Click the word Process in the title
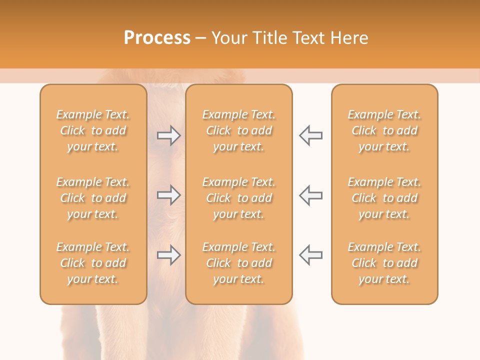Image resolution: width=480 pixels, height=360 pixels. [157, 38]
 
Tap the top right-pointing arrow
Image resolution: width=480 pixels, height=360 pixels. [168, 135]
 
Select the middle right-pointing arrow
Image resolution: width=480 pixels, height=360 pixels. [168, 195]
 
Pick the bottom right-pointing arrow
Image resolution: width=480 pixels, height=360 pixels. [168, 255]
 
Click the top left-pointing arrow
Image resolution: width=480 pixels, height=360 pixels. [311, 135]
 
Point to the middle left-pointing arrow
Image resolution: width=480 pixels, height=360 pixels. [311, 195]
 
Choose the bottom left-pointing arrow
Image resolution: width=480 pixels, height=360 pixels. [311, 255]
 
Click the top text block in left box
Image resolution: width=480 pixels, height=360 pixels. [93, 130]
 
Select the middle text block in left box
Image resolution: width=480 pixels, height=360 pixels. [93, 198]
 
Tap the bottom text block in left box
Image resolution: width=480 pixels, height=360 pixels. [93, 263]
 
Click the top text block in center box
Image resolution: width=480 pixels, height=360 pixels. [239, 130]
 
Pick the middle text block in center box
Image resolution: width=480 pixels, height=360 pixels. [239, 198]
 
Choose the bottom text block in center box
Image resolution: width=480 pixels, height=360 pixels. [239, 263]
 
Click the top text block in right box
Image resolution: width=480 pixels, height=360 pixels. [384, 130]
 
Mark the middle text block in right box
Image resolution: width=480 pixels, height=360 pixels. [384, 198]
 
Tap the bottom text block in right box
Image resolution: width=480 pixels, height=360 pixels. [384, 263]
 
